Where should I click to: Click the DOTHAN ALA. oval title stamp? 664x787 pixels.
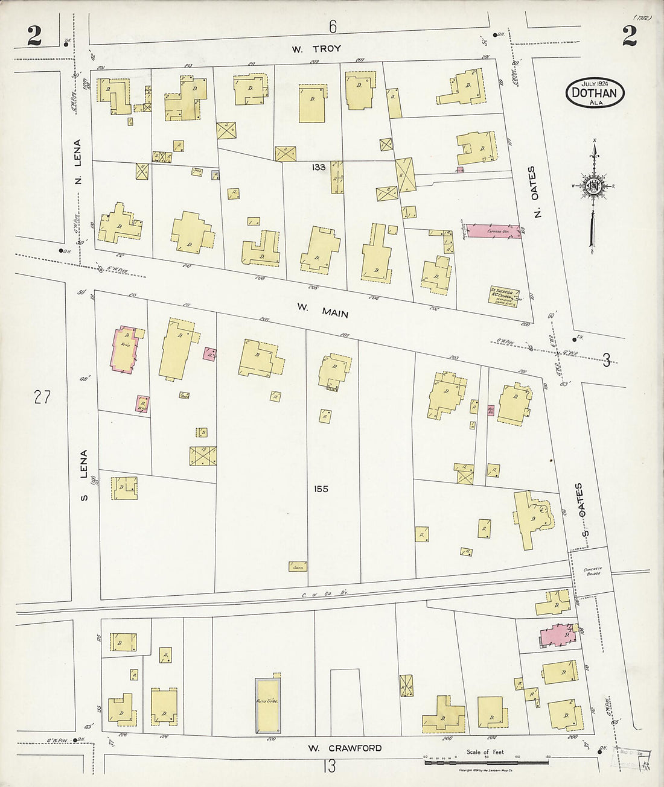[x=595, y=92]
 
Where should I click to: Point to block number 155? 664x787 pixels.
[x=321, y=489]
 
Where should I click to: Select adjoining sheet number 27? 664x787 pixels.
[x=42, y=397]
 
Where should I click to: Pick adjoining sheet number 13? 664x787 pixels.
[x=330, y=766]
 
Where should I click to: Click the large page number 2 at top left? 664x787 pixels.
[x=34, y=37]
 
